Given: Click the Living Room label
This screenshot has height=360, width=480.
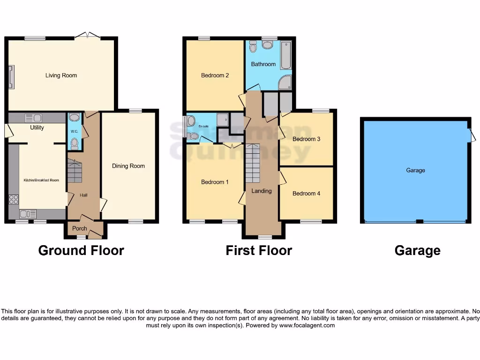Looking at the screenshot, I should (x=61, y=75).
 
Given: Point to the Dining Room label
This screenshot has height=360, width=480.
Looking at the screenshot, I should (x=128, y=166).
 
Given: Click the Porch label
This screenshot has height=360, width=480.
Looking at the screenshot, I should (x=79, y=229).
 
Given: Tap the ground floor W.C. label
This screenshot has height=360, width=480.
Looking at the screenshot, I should (x=74, y=132).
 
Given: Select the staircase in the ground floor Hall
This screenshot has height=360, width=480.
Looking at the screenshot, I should (x=75, y=172).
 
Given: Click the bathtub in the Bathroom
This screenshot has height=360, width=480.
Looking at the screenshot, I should (x=285, y=56).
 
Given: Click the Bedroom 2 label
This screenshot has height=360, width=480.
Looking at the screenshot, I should (x=215, y=75).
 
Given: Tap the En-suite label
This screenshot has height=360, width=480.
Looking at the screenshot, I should (x=203, y=127).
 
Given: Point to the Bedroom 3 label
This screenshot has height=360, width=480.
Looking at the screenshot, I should (x=306, y=139).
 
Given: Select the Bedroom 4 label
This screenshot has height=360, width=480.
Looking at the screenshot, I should (x=306, y=193).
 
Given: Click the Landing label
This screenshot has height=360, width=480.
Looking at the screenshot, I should (x=261, y=191).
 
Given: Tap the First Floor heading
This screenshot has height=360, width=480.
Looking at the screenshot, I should (x=259, y=251).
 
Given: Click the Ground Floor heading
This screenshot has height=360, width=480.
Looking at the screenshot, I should (x=81, y=251).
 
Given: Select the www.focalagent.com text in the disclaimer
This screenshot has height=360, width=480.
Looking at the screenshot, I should (x=307, y=325).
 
